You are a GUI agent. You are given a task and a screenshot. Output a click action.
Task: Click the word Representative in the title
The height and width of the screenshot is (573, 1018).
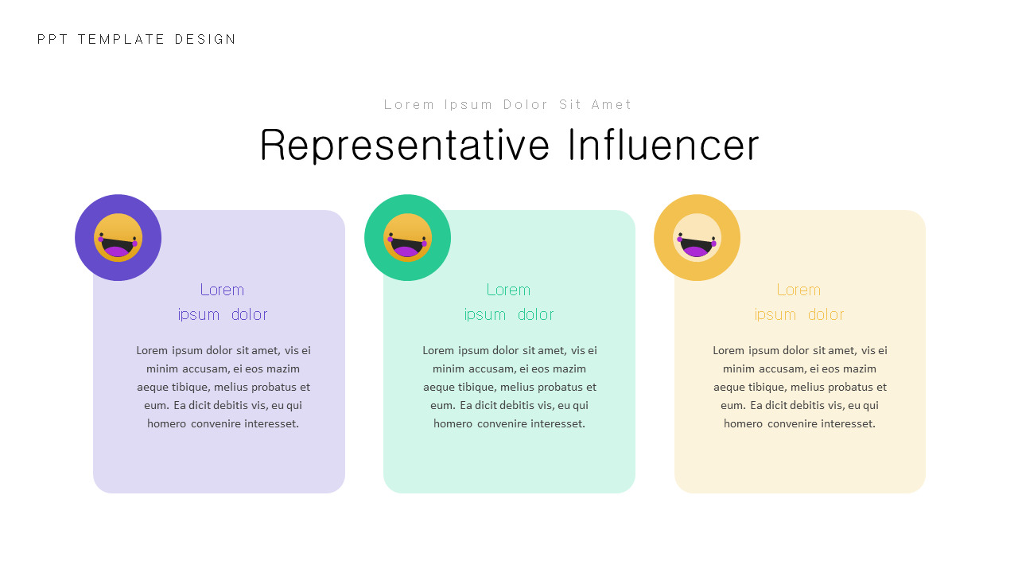pos(405,146)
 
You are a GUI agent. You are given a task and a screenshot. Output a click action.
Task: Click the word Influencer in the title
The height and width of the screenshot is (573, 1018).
pos(663,146)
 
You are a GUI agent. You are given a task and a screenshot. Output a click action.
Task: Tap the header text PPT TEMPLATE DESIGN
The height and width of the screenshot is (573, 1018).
pos(137,40)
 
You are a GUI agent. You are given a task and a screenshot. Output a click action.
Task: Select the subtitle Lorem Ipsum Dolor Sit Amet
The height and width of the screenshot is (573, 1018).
pos(508,105)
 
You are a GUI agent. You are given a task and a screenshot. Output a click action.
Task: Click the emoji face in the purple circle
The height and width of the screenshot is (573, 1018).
pos(119,238)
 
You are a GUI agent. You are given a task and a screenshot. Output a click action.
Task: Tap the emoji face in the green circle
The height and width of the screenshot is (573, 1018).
pos(408,238)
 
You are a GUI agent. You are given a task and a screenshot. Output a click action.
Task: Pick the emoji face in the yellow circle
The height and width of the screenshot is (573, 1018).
pos(697,238)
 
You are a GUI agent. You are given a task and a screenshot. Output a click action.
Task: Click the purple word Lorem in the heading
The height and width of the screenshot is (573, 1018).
pos(222,290)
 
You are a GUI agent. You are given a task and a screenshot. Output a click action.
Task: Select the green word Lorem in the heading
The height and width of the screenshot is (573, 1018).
pos(508,290)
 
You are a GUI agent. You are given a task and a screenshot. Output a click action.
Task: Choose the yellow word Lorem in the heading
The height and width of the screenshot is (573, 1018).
pos(798,290)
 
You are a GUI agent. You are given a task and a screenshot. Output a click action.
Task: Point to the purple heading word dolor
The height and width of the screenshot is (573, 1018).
pos(250,314)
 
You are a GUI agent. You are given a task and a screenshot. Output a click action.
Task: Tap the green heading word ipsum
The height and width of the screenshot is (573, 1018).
pos(485,314)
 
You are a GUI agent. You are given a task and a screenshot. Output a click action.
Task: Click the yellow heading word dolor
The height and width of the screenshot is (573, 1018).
pos(826,314)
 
